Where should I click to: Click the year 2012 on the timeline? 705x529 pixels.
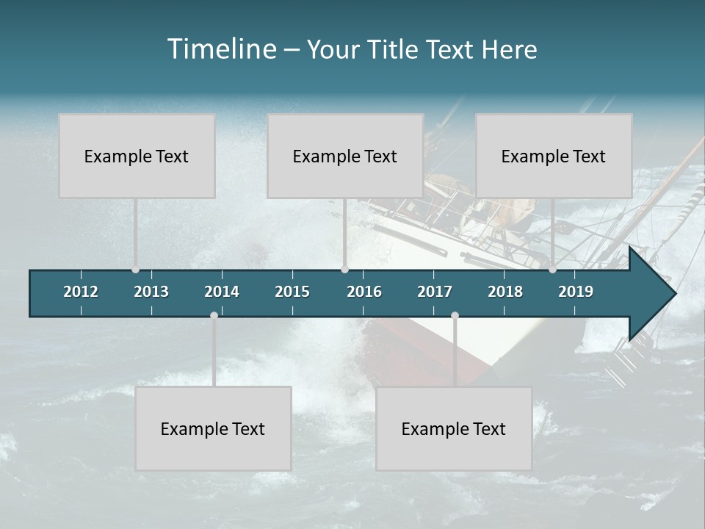click(x=81, y=292)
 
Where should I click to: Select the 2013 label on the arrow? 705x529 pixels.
click(x=151, y=292)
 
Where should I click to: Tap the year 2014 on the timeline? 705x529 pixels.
click(x=222, y=292)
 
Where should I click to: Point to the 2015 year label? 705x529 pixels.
click(x=292, y=292)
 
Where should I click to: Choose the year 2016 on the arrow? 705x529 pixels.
click(x=364, y=292)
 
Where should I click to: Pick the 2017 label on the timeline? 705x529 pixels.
click(x=435, y=292)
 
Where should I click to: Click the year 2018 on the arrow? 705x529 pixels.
click(x=505, y=292)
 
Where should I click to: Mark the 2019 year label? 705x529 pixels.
click(x=576, y=292)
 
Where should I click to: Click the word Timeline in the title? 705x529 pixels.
click(x=221, y=49)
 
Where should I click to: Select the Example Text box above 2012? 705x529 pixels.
click(x=137, y=156)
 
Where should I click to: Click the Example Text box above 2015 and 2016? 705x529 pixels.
click(x=345, y=156)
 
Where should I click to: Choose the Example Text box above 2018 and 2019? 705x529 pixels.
click(x=554, y=156)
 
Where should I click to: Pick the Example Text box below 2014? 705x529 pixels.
click(x=213, y=428)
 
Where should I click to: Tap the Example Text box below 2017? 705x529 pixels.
click(x=454, y=428)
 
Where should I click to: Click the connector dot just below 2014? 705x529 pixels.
click(x=214, y=315)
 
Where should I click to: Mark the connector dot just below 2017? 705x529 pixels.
click(x=455, y=315)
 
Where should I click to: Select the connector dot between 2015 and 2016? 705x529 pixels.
click(x=344, y=270)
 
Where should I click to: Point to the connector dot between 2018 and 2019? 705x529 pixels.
click(x=552, y=270)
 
